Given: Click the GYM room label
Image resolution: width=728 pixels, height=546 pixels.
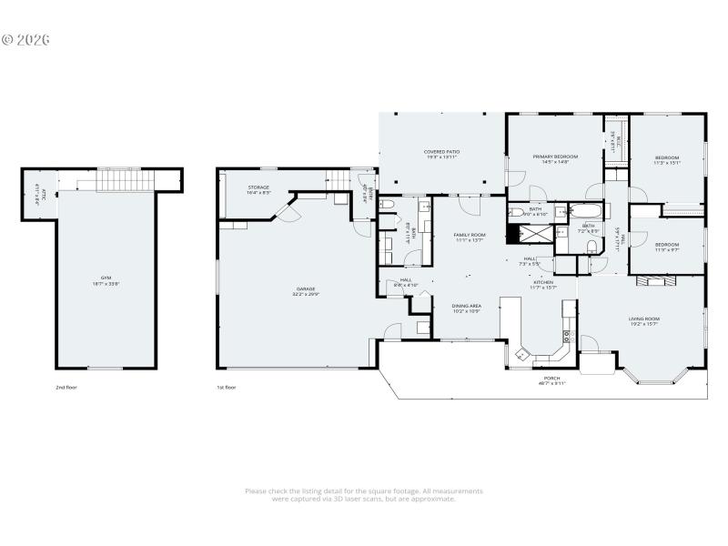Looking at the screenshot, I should [x=105, y=280].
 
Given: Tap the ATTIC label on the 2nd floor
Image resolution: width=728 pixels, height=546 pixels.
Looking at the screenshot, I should [x=37, y=195].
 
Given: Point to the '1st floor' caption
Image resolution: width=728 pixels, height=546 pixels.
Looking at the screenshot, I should [x=227, y=387].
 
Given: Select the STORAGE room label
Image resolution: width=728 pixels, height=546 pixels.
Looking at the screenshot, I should [x=258, y=189].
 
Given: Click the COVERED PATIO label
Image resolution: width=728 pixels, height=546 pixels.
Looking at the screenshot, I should [x=440, y=154].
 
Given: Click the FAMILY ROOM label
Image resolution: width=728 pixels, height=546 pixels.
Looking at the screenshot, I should [x=470, y=237].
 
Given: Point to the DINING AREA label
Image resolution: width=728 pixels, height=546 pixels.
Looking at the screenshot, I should [x=467, y=308].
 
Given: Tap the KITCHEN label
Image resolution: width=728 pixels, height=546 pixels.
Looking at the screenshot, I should [x=543, y=285].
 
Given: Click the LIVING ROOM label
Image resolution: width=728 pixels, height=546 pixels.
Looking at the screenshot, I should [x=643, y=320].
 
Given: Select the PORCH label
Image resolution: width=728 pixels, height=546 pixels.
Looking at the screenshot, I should [x=551, y=380].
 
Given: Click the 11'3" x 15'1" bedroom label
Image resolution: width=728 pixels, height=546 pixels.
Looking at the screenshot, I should [x=667, y=161].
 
